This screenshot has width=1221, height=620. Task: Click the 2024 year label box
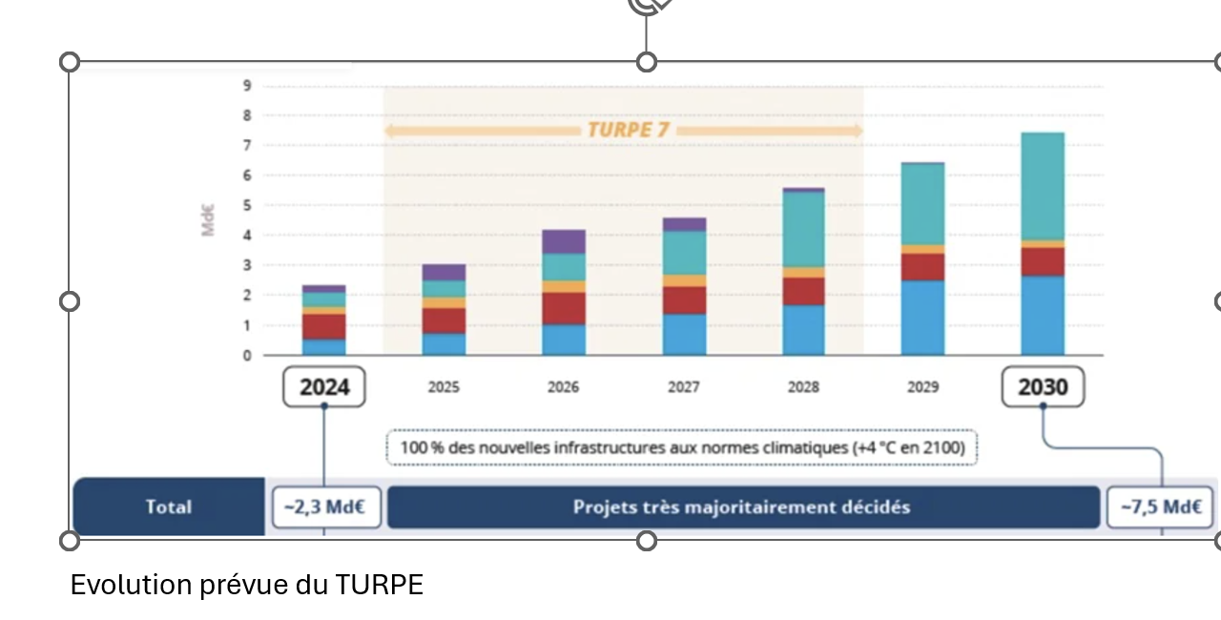[x=324, y=387]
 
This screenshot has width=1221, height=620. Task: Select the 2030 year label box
[x=1043, y=387]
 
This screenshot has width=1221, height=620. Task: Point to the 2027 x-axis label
[x=683, y=387]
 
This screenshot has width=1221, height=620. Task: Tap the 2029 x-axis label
[x=922, y=387]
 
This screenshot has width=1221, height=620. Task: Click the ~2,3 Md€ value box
[x=325, y=506]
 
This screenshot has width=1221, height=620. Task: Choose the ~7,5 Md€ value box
[x=1160, y=506]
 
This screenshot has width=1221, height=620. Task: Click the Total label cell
[x=169, y=506]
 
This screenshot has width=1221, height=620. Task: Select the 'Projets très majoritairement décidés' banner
[x=742, y=506]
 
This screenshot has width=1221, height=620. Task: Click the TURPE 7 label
[x=628, y=130]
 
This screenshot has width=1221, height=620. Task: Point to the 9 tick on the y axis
[x=247, y=86]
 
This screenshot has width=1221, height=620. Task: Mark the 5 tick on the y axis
[x=247, y=205]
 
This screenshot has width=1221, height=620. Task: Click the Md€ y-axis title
[x=208, y=219]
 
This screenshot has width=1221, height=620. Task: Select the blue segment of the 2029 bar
[x=922, y=318]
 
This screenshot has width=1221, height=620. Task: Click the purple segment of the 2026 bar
[x=564, y=241]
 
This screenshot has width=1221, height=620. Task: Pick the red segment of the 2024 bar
[x=324, y=326]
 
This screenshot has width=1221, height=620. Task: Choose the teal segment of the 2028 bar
[x=803, y=229]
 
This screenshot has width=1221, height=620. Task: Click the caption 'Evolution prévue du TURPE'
[x=246, y=585]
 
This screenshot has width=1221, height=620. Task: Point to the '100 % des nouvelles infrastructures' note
[x=682, y=447]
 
